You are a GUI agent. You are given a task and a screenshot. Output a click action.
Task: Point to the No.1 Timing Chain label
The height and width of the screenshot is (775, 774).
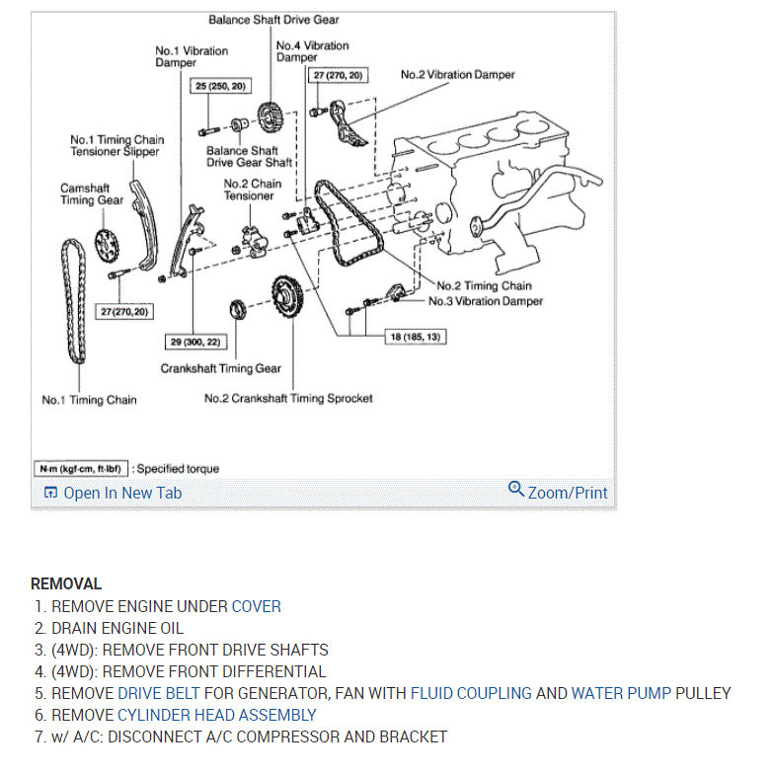point(89,400)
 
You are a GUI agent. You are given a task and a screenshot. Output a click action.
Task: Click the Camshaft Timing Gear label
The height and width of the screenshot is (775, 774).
point(92,194)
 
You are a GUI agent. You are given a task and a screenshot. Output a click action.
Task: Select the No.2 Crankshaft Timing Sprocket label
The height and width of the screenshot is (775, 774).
point(288,399)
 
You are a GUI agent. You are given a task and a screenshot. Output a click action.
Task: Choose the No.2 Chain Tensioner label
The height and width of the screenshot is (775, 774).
point(252,190)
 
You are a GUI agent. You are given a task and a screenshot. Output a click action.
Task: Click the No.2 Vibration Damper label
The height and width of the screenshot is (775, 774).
point(457,74)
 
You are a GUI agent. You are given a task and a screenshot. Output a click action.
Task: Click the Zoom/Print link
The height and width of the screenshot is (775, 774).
point(568,493)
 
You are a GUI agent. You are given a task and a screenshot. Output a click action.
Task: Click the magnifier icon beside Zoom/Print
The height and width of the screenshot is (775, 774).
point(515,489)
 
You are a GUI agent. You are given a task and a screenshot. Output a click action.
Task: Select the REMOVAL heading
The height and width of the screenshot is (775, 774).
point(66,584)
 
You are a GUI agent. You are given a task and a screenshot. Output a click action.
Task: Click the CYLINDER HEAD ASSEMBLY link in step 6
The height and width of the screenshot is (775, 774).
point(217,715)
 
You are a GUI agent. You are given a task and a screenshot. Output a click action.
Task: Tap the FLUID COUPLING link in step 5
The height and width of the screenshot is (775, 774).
point(471,693)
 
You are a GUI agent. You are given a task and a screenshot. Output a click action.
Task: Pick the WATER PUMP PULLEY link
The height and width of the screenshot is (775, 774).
point(652,693)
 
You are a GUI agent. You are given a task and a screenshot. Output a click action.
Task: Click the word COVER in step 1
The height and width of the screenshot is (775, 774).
point(256,606)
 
